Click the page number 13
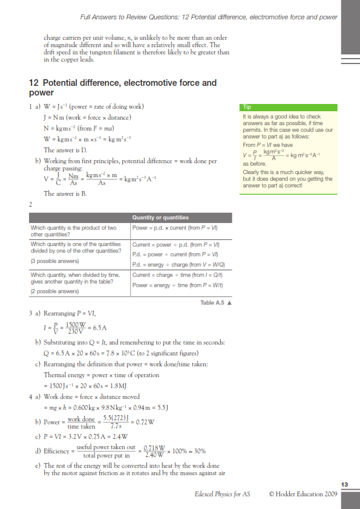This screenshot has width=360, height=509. pos(344,485)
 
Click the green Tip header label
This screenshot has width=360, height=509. pos(247,106)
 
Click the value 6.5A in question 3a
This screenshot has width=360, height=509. pos(97,328)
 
